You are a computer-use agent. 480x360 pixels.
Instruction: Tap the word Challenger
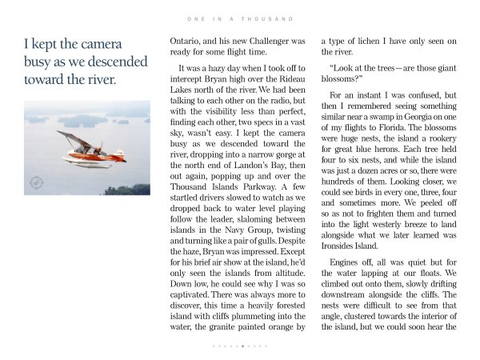point(264,40)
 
